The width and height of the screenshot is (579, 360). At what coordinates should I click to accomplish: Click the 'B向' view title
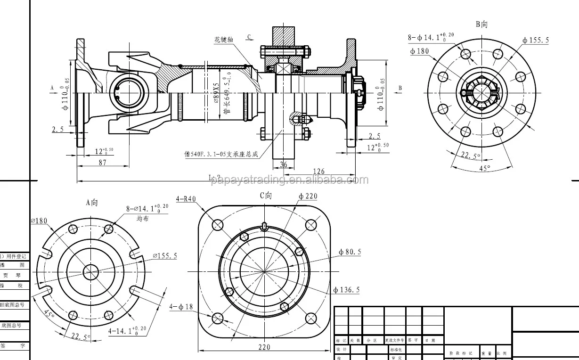coord(481,25)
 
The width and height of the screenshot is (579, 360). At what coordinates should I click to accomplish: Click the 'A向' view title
coord(91,203)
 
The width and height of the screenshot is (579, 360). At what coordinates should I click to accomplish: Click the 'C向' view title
coord(266,196)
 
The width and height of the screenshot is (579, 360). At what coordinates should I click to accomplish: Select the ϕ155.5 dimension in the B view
coord(536,41)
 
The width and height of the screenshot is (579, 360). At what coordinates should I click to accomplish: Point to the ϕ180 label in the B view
coord(419,51)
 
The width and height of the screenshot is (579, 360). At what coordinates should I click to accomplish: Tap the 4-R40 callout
coord(186,199)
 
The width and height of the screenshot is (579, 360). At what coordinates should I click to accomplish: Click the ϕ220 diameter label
coord(308,196)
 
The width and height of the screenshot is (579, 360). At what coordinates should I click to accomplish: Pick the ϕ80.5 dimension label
coord(350,252)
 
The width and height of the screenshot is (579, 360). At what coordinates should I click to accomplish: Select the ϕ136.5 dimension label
coord(346,290)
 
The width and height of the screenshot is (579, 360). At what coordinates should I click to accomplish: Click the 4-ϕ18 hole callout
coord(181,307)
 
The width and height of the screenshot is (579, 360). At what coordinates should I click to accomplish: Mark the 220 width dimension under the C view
coord(264,347)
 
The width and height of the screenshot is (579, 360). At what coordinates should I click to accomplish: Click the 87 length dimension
coord(102,163)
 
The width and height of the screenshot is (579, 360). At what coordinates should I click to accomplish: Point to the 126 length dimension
coord(318,172)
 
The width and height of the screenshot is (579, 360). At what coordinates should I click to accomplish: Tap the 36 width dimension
coord(283,164)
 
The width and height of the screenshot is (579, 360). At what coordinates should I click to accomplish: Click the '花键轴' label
coord(224,40)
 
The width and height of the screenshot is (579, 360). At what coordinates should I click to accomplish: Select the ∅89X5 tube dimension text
coord(216,93)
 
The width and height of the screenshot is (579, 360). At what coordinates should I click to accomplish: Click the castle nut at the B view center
coord(481,92)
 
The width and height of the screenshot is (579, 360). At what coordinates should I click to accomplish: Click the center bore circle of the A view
coord(91,270)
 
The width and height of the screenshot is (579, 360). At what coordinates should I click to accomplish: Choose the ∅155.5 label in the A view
coord(164,256)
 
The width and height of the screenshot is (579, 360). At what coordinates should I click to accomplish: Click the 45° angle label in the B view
coord(484,168)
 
